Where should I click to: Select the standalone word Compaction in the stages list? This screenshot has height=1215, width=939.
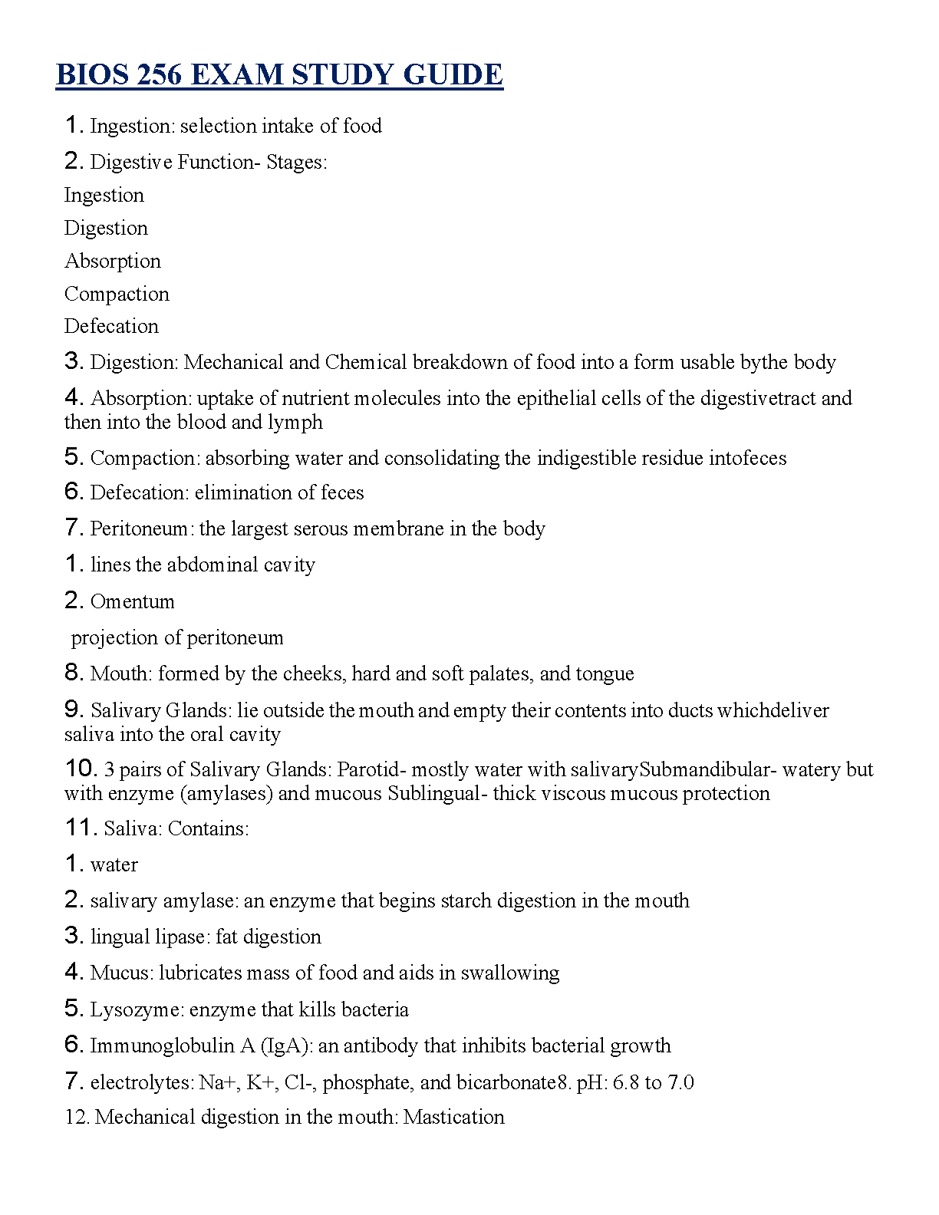[x=117, y=294]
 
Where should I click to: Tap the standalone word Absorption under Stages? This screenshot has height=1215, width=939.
[x=113, y=261]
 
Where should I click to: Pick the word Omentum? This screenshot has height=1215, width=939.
[x=132, y=601]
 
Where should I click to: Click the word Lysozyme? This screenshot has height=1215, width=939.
[x=137, y=1009]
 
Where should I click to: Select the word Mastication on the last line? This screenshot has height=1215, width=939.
[x=454, y=1117]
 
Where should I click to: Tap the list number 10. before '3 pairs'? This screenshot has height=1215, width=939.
[x=81, y=769]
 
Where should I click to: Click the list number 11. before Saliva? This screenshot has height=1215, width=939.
[x=81, y=828]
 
